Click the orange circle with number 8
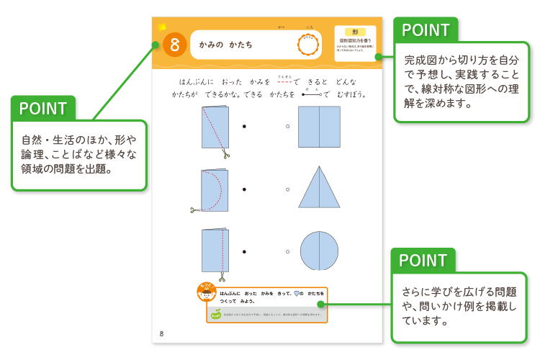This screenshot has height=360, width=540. [175, 45]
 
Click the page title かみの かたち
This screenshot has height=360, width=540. [226, 45]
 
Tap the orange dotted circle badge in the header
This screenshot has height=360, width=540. [308, 45]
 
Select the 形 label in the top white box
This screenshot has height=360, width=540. [355, 32]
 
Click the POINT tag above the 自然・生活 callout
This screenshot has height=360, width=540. [43, 109]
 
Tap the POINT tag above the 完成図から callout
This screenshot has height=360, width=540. [426, 30]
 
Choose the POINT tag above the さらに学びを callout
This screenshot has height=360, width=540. [423, 261]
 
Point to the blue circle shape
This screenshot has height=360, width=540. [319, 251]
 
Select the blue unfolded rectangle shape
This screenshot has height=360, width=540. [319, 127]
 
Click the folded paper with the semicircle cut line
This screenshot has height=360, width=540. [215, 190]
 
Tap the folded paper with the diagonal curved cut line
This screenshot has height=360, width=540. [215, 127]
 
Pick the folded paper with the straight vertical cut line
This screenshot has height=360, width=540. [215, 251]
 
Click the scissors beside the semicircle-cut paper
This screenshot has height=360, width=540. [195, 210]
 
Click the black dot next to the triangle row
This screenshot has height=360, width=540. [244, 189]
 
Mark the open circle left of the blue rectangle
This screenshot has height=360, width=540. [287, 127]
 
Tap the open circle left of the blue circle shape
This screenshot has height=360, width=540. [287, 251]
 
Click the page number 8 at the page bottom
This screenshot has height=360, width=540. [161, 333]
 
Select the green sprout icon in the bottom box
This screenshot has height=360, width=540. [215, 314]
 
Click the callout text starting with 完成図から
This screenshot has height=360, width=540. [461, 81]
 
